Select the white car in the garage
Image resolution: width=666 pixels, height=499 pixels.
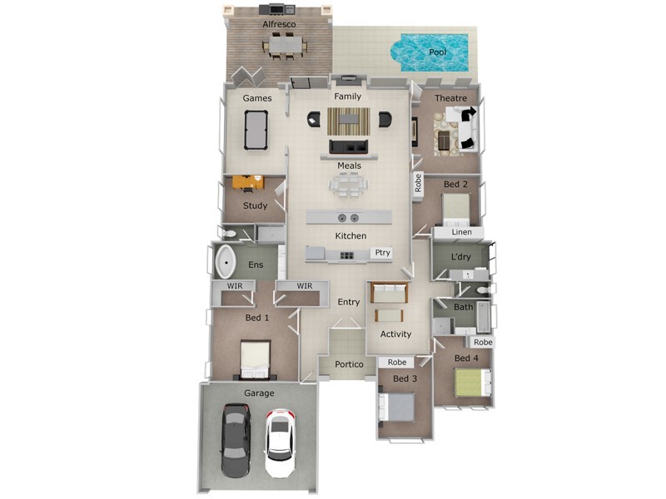280,442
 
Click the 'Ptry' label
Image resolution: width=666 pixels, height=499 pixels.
382,253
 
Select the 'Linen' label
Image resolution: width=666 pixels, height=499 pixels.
461,232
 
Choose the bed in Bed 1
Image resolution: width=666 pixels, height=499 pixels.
255,358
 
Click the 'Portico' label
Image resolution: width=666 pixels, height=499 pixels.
350,364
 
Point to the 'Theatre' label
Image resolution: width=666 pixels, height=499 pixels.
450,98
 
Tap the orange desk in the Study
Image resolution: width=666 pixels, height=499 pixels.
247,182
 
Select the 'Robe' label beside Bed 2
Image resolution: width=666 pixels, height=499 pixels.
418,184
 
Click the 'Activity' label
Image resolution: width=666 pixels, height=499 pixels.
395,334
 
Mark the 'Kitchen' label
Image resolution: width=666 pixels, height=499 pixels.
350,236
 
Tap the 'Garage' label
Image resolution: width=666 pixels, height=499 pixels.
259,393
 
